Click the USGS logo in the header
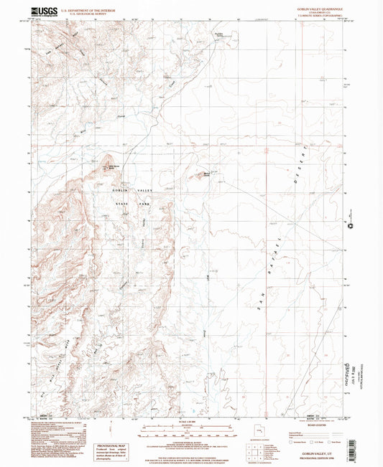pos(42,11)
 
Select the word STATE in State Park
pos(124,203)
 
